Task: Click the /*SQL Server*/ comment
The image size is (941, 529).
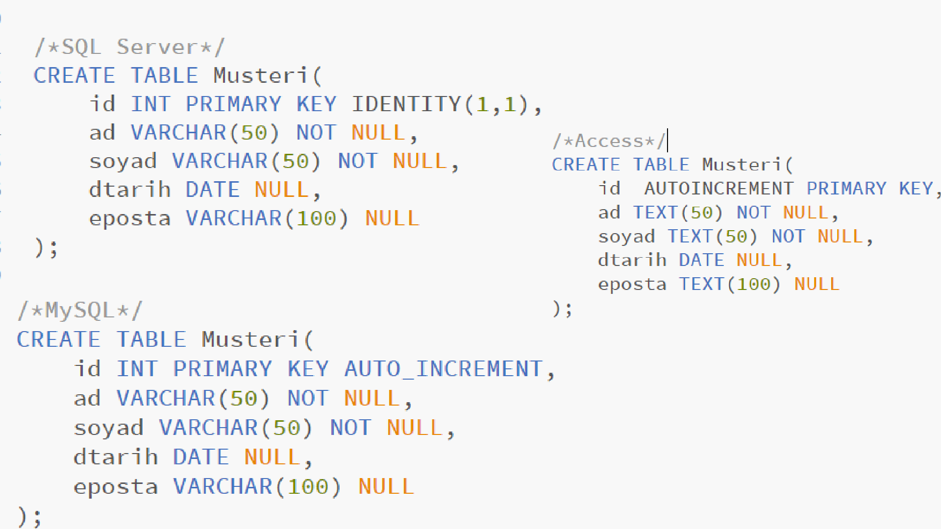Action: pos(130,48)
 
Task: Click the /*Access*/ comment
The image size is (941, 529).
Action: pos(608,141)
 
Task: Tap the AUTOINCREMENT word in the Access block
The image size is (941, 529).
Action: pos(718,189)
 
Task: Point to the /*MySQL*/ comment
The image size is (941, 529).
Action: pos(80,311)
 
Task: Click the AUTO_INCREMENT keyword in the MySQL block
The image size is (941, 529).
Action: pos(444,369)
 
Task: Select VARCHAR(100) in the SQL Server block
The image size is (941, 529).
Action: pos(267,218)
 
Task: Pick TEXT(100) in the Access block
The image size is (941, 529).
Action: pos(729,284)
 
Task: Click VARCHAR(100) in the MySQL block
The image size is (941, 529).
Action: pos(257,487)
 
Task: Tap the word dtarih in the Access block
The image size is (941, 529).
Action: pos(632,260)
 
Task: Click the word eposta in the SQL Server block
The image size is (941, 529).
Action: pos(130,218)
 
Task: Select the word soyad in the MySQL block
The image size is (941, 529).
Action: pos(109,428)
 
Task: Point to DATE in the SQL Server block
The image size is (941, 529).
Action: pos(213,190)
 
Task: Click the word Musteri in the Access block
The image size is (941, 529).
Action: pos(742,165)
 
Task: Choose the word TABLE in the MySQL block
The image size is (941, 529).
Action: pos(151,339)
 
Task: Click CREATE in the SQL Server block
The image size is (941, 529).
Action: pos(74,76)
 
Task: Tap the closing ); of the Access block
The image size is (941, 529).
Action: pos(562,309)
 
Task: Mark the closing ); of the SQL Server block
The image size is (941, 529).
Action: pos(47,248)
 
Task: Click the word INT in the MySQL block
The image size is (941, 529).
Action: pos(137,369)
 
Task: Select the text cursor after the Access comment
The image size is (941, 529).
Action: pos(668,141)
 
